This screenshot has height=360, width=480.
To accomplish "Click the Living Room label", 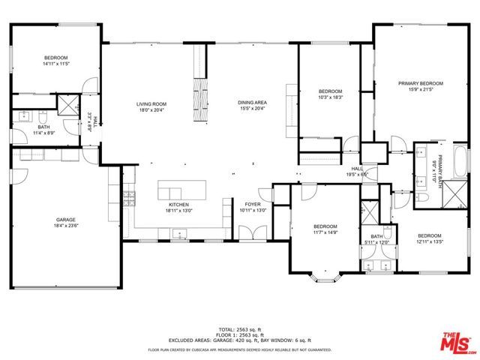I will [x=151, y=103].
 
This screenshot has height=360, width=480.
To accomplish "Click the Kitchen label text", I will [x=178, y=204].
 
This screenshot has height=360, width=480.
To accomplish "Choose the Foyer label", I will [x=252, y=204].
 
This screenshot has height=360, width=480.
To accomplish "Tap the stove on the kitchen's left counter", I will [x=129, y=198].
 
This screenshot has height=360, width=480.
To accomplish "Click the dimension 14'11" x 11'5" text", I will [x=55, y=64].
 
